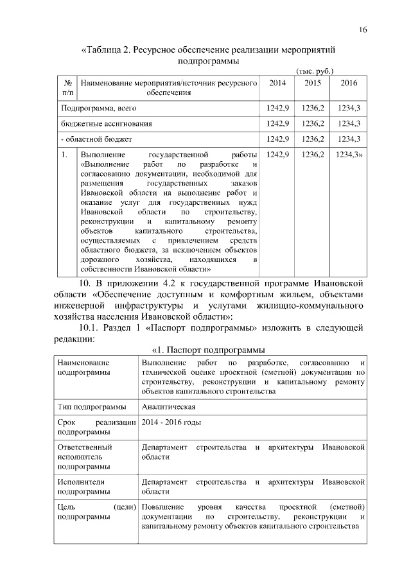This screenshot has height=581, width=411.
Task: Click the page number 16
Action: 363,30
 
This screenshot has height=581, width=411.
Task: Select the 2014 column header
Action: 277,83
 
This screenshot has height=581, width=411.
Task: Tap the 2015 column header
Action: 313,83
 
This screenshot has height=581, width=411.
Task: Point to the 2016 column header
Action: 349,83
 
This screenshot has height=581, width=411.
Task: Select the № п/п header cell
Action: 67,88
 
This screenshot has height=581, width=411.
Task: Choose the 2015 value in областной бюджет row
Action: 313,139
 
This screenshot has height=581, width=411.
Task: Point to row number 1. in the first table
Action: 64,155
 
